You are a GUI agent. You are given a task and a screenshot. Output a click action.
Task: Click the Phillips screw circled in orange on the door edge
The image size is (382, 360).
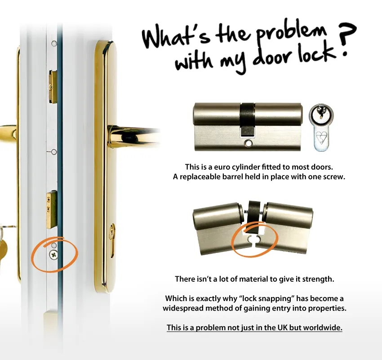coord(53,255)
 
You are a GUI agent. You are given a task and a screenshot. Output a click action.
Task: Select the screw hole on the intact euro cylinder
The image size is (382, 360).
coord(248,144)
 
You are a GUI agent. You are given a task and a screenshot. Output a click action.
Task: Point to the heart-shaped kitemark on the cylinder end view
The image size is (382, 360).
coord(321,138)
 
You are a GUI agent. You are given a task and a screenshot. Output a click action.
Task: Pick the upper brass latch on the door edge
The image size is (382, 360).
coord(53,86)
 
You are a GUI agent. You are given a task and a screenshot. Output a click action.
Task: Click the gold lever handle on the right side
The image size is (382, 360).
coord(133,137)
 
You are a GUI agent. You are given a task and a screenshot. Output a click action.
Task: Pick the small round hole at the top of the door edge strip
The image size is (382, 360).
coord(54,44)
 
